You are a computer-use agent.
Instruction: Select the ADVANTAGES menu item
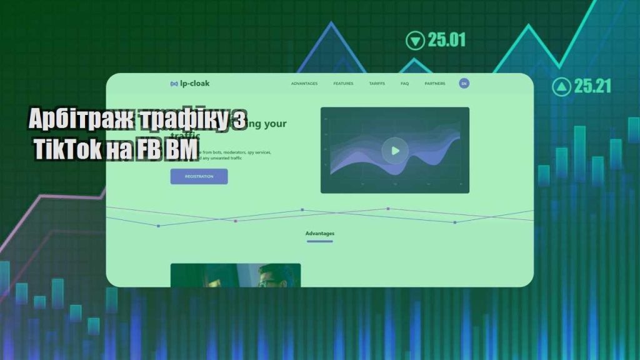[304, 84]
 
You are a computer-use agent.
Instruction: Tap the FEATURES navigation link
[343, 84]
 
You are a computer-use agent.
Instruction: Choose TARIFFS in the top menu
[377, 84]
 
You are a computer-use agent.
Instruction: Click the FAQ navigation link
[404, 84]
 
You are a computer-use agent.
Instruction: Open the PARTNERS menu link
[435, 84]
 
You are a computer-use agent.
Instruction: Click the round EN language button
[464, 83]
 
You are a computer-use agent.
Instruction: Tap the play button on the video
[395, 151]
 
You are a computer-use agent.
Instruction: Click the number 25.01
[447, 41]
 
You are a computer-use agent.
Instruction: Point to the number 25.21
[592, 86]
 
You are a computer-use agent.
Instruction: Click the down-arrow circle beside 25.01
[414, 41]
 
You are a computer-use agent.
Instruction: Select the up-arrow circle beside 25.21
[561, 86]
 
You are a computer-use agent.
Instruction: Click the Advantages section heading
[320, 234]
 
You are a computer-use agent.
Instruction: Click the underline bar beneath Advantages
[320, 241]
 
